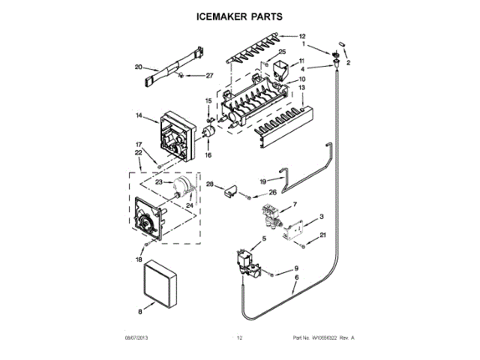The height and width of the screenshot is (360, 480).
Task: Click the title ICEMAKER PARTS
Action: (x=239, y=15)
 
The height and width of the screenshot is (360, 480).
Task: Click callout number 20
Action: (x=138, y=67)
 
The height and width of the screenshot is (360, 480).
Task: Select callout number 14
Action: (x=139, y=115)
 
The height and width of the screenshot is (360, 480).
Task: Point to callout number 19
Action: (x=263, y=181)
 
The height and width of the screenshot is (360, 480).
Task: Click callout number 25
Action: (x=282, y=52)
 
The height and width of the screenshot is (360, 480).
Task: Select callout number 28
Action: (x=210, y=184)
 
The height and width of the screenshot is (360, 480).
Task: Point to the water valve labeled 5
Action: (x=247, y=262)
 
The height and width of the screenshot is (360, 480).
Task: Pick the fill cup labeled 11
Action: (x=282, y=72)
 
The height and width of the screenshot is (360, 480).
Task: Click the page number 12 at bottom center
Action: (x=239, y=338)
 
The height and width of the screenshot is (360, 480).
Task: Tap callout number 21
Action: (x=323, y=235)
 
